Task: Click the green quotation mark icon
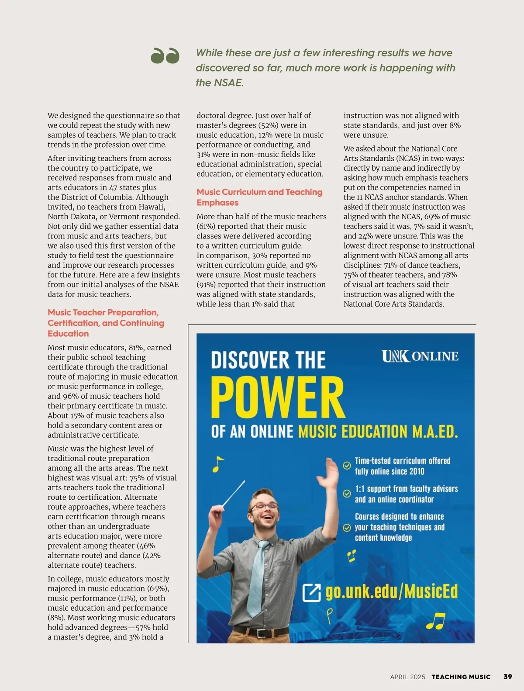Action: click(x=165, y=55)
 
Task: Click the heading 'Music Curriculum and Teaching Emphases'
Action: click(x=259, y=197)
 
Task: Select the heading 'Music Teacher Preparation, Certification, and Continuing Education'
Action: click(x=106, y=323)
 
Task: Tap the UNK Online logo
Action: click(x=420, y=356)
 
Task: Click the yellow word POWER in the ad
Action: click(x=278, y=398)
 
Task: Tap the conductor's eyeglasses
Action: click(x=264, y=506)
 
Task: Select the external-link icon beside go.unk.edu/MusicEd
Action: click(x=312, y=592)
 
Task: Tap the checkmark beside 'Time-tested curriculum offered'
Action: click(x=347, y=466)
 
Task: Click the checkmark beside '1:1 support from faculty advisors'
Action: click(x=347, y=494)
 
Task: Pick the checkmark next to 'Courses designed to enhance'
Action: click(x=347, y=527)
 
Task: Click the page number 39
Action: click(x=507, y=677)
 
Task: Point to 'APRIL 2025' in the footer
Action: click(x=407, y=677)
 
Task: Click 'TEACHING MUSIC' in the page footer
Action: click(x=461, y=677)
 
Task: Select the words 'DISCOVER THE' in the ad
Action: click(x=268, y=360)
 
